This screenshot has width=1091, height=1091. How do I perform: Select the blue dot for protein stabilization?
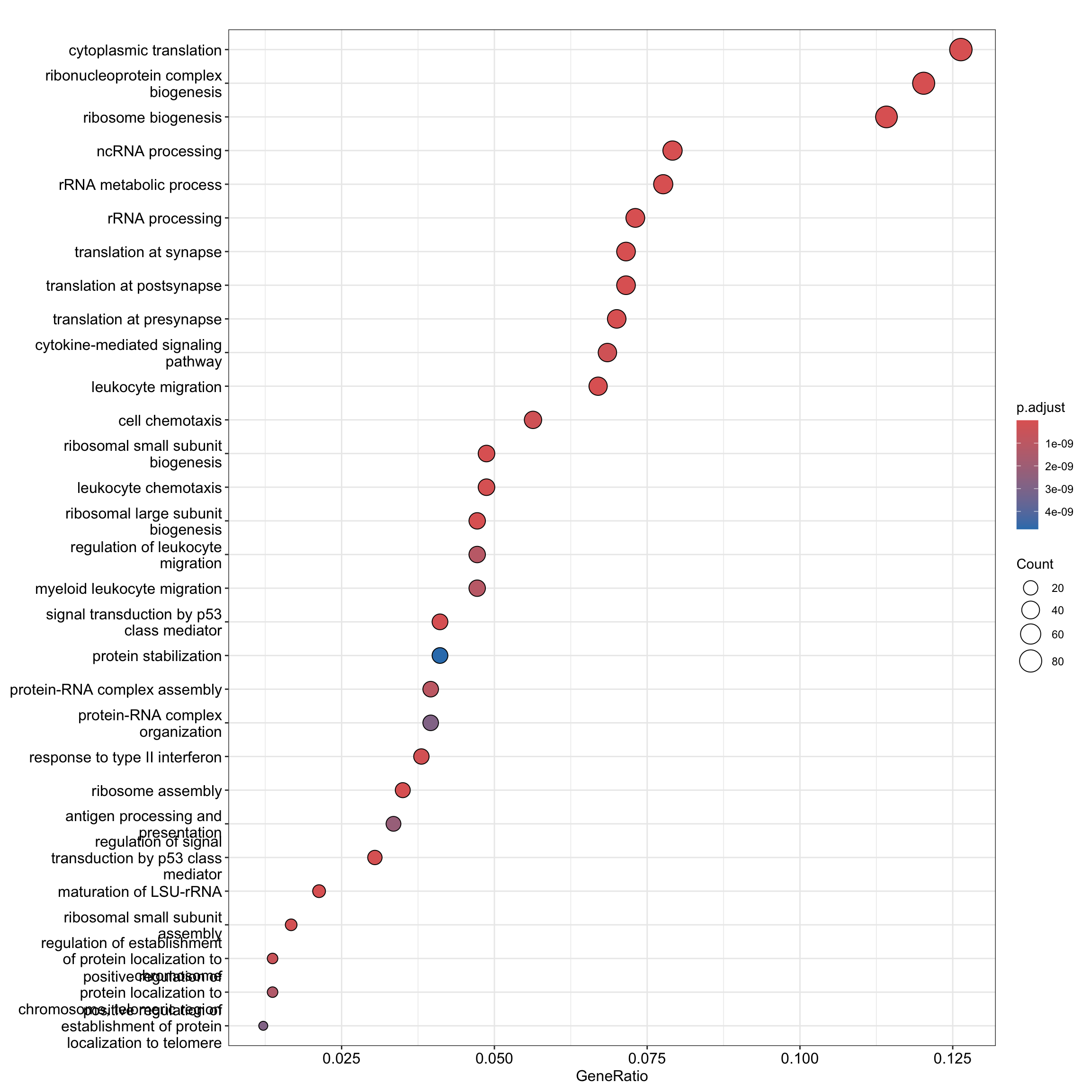(x=440, y=656)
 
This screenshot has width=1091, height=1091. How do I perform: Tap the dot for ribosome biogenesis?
(x=886, y=117)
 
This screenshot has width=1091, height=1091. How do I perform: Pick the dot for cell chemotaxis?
(x=533, y=420)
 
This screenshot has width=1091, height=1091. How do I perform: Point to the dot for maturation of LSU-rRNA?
(x=319, y=891)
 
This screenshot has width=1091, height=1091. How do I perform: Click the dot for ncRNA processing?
(x=672, y=151)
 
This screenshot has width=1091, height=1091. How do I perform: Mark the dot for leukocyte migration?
(x=598, y=386)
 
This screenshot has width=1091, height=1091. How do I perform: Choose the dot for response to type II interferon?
(x=421, y=757)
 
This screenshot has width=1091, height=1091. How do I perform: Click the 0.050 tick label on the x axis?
(x=494, y=1058)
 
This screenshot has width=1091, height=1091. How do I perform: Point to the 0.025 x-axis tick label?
(x=341, y=1058)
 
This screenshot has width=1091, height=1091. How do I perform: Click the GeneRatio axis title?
(x=612, y=1076)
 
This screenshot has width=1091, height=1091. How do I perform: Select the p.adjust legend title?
(x=1041, y=407)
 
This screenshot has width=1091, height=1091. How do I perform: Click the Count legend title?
(x=1035, y=564)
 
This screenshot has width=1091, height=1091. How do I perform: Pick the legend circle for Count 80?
(x=1030, y=661)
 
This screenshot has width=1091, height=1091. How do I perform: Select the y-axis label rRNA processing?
(x=164, y=219)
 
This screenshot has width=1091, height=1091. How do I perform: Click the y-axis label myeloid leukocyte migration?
(x=128, y=589)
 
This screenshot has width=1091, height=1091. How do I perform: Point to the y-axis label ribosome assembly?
(x=156, y=791)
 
